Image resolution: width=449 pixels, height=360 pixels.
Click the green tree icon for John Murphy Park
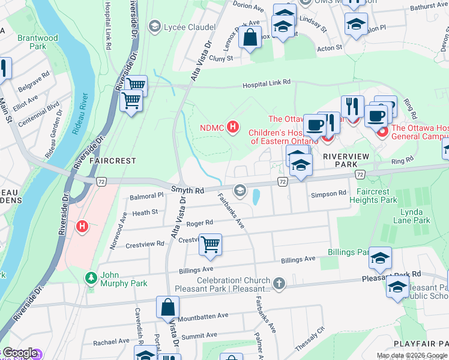point(90,278)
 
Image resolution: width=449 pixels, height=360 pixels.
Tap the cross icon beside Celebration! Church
point(279,282)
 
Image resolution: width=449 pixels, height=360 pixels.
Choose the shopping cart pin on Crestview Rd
point(210,245)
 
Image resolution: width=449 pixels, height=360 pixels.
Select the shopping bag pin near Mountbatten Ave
point(168,307)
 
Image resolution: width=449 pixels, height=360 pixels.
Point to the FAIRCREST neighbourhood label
point(112,161)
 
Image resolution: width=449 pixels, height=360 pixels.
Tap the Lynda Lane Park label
point(415,217)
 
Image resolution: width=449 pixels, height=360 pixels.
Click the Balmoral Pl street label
point(147,196)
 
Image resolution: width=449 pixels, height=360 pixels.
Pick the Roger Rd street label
point(200,223)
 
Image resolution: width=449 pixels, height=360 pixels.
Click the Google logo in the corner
point(19,353)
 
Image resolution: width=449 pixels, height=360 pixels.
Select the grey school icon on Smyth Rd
point(240,191)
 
